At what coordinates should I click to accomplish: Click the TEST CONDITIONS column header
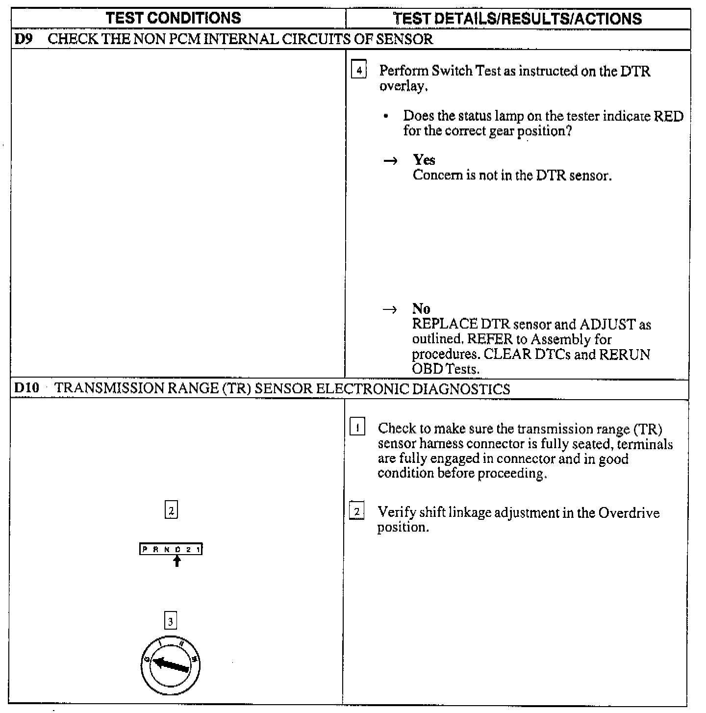click(x=174, y=18)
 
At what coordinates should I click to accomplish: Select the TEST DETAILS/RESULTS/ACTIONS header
click(x=518, y=19)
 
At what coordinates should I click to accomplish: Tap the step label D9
click(x=23, y=39)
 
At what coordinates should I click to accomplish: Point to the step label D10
click(x=26, y=389)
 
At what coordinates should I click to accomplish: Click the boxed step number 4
click(x=359, y=71)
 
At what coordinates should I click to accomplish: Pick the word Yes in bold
click(x=424, y=160)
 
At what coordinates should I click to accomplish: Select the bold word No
click(x=421, y=309)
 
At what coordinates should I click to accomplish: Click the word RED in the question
click(x=670, y=116)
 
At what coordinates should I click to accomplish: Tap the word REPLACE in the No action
click(x=444, y=325)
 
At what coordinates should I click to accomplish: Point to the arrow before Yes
click(x=390, y=161)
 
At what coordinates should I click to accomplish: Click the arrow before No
click(x=390, y=310)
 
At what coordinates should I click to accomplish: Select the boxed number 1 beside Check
click(x=357, y=428)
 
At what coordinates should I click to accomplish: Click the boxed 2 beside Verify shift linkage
click(x=357, y=512)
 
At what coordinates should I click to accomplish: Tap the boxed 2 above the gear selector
click(x=171, y=511)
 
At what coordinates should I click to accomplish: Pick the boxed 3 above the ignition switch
click(x=170, y=622)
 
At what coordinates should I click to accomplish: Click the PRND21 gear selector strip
click(x=171, y=549)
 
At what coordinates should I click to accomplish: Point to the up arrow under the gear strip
click(x=177, y=560)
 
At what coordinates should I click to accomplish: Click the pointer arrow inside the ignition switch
click(x=171, y=665)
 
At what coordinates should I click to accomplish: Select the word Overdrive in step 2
click(x=629, y=513)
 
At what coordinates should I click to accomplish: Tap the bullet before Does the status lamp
click(x=387, y=117)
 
